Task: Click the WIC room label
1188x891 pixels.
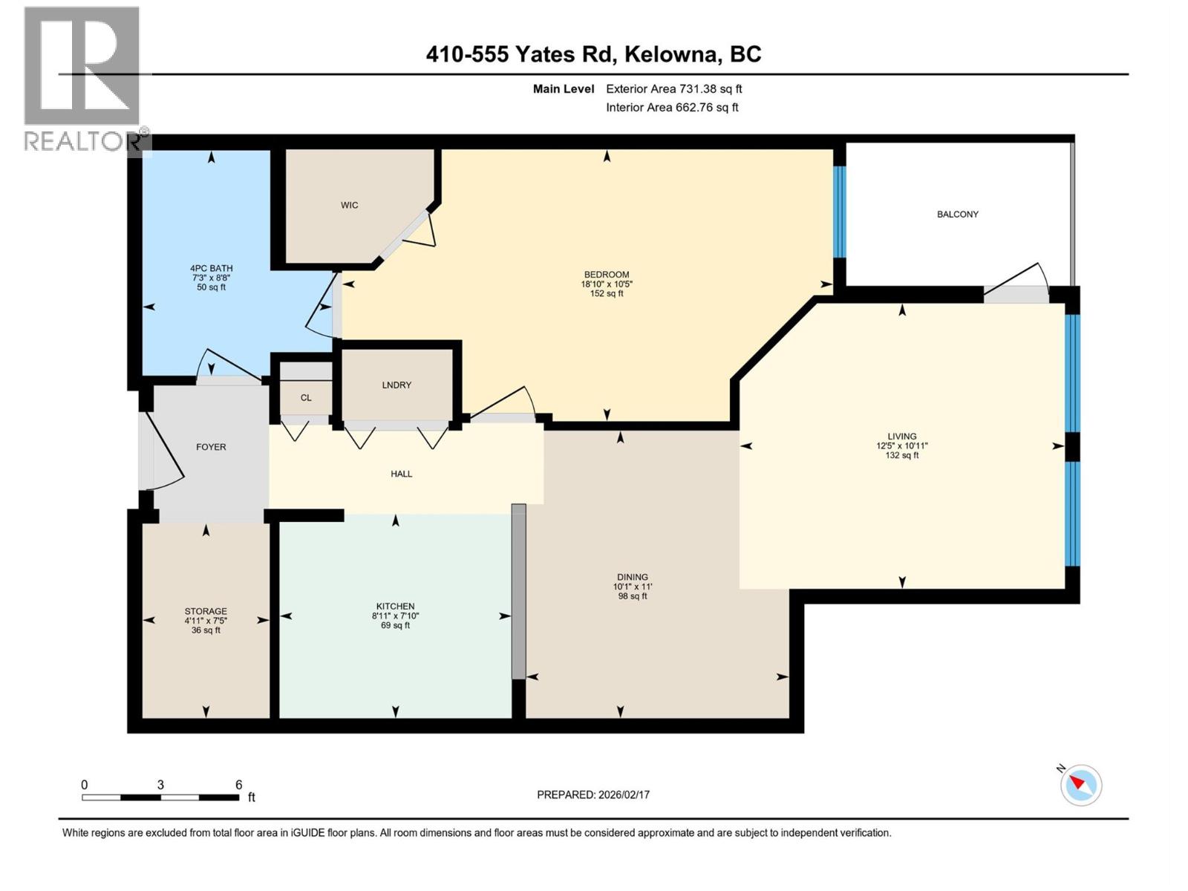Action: pos(349,205)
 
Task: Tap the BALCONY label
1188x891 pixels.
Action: pos(957,214)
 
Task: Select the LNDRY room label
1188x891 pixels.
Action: pos(396,385)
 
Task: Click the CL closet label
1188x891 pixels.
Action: pos(306,398)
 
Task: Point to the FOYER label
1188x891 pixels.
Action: pos(211,447)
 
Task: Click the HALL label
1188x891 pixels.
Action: pos(401,474)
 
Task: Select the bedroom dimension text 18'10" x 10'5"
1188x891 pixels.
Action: pos(607,284)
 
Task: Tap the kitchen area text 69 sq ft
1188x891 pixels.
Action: pos(395,625)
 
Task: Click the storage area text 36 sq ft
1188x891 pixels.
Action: pos(206,630)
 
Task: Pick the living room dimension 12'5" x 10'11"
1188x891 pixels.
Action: pos(901,446)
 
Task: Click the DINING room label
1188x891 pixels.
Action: pos(632,577)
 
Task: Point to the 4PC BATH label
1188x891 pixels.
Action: pos(211,268)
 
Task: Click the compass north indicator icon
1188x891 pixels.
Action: pos(1080,784)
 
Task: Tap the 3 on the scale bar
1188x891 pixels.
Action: pos(160,785)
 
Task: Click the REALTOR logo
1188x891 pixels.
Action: pos(82,78)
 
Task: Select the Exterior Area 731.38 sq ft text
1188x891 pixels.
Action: pos(673,89)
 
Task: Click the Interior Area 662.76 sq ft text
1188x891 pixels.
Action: pos(672,107)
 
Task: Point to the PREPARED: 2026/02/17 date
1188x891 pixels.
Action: pos(593,794)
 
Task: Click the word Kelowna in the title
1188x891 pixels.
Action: pos(673,54)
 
